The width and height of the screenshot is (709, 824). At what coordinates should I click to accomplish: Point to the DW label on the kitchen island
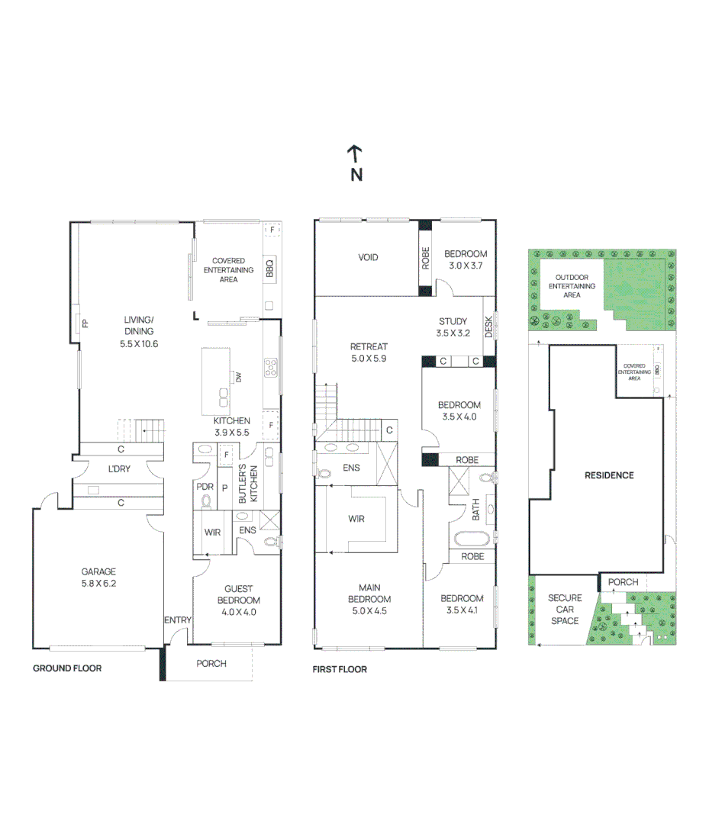(x=238, y=377)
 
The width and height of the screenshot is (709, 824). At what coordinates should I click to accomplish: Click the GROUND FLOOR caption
(x=67, y=668)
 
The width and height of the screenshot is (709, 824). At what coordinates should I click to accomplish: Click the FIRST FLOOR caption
(x=340, y=669)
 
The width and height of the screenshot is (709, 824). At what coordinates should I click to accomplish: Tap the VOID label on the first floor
(x=368, y=257)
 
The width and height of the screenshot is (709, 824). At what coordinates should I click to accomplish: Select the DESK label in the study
(x=488, y=327)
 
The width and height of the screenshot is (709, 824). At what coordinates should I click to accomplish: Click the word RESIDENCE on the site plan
(x=609, y=475)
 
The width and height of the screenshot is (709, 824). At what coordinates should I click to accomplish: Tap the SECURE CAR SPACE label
(x=565, y=610)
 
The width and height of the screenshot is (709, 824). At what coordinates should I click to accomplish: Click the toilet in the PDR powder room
(x=205, y=501)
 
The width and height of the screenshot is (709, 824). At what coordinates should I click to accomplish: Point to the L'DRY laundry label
(x=118, y=469)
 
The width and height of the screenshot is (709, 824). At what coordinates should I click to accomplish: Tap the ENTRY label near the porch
(x=177, y=620)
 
